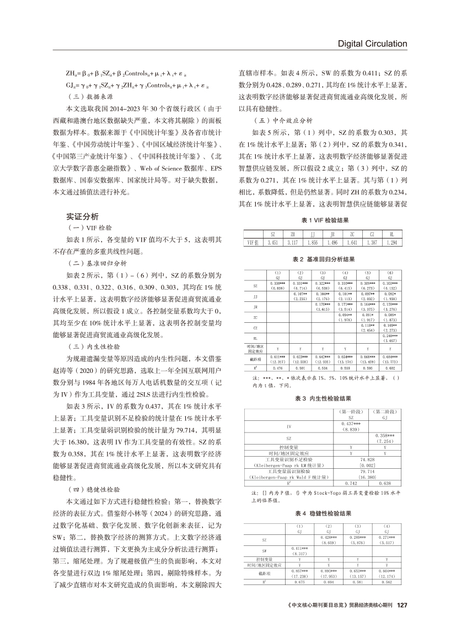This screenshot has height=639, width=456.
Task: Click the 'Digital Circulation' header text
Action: click(372, 44)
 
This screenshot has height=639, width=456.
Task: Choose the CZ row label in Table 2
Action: click(255, 327)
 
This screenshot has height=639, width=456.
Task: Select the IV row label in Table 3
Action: click(289, 426)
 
